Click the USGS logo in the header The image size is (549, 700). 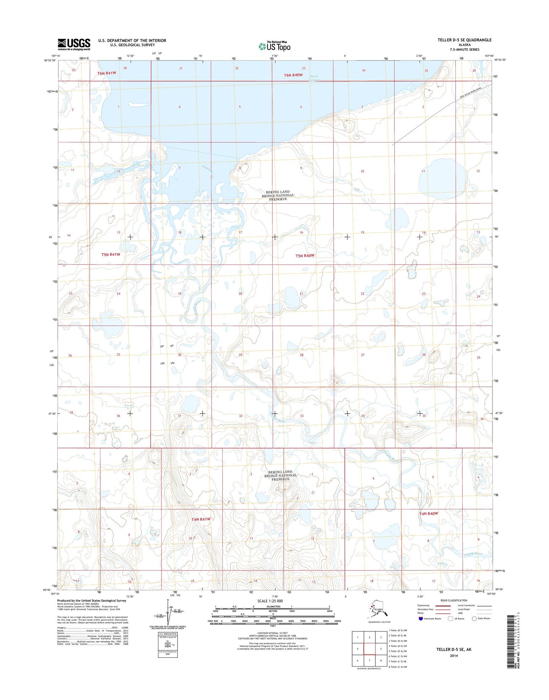coord(74,44)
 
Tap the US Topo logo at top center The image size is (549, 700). coord(274,46)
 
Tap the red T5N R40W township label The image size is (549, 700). coord(305,256)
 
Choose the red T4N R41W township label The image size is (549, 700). coord(201,519)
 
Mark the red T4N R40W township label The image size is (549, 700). coord(429,513)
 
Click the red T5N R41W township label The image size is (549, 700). coord(111,255)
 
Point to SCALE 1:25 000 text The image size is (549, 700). coord(270,601)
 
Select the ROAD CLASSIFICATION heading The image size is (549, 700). coord(454,600)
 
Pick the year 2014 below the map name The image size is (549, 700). coord(454,656)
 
